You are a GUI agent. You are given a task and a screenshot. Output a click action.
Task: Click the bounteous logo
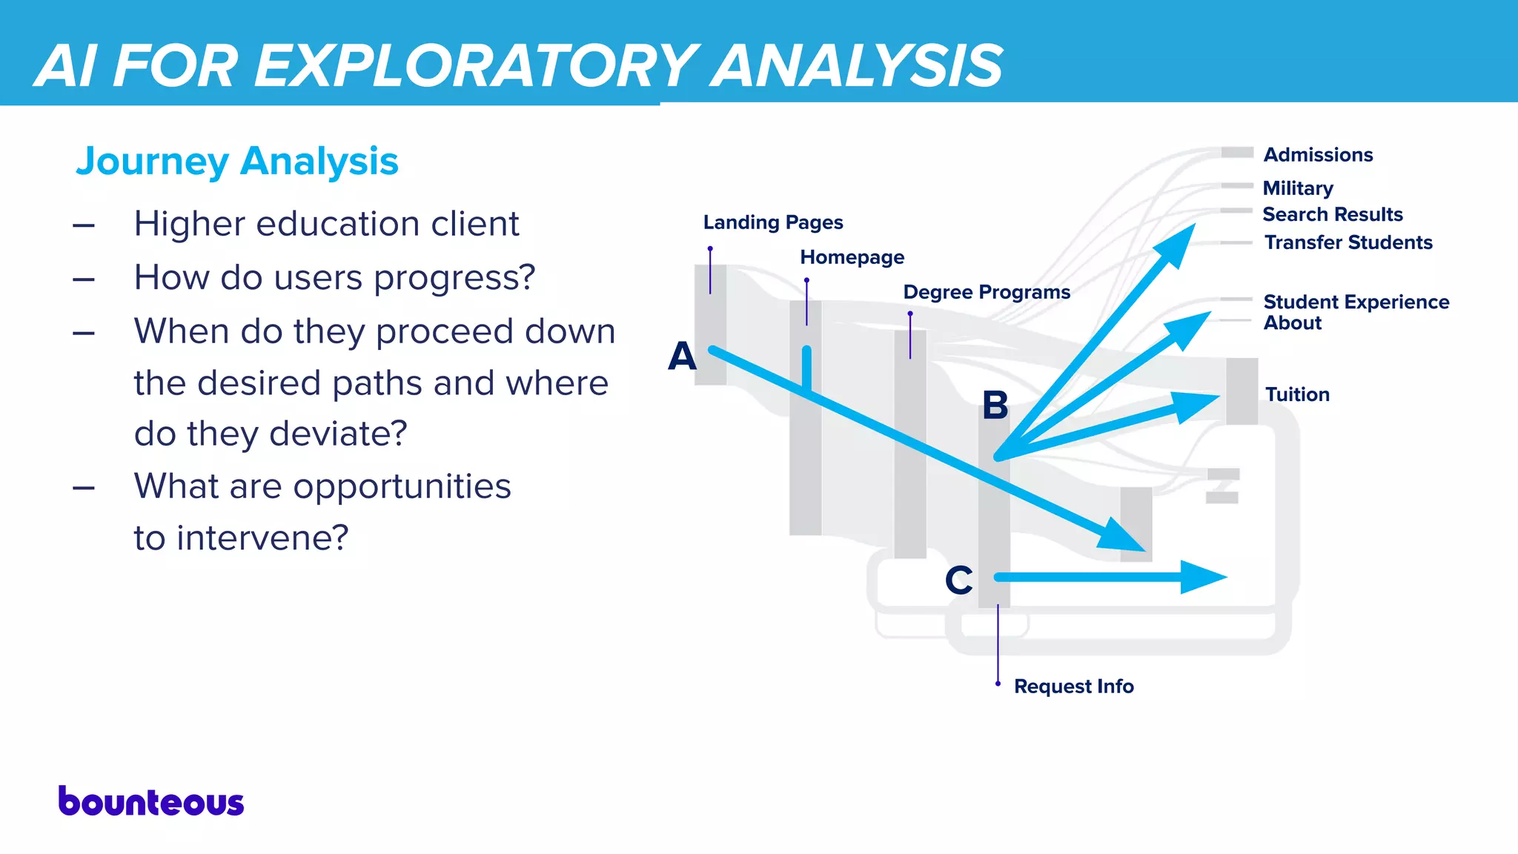pos(151,802)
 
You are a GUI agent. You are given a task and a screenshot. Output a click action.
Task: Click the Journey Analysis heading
pos(237,162)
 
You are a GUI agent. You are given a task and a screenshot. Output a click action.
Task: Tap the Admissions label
pos(1318,155)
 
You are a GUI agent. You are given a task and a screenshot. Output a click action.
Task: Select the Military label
pos(1298,188)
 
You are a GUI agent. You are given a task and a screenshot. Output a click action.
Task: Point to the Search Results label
pos(1333,214)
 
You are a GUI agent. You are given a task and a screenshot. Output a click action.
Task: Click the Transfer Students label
pos(1348,242)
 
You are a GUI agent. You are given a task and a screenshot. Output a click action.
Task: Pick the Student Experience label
pos(1356,302)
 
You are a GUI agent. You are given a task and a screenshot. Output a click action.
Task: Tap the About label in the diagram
pos(1293,323)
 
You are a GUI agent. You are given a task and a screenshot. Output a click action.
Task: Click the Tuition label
pos(1297,394)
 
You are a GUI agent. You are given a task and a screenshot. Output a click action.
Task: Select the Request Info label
pos(1073,686)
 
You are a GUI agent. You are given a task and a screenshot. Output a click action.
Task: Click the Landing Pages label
pos(773,222)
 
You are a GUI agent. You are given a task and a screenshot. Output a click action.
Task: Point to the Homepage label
pos(852,257)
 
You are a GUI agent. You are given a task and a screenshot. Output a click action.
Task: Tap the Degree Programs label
pos(987,292)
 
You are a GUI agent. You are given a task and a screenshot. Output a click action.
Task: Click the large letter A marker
pos(682,357)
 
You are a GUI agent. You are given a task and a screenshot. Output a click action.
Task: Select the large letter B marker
pos(995,406)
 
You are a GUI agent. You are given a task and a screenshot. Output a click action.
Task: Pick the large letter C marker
pos(958,580)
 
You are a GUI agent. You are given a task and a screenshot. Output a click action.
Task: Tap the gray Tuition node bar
pos(1242,391)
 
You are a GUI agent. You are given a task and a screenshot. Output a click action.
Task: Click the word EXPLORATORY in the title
pos(474,66)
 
